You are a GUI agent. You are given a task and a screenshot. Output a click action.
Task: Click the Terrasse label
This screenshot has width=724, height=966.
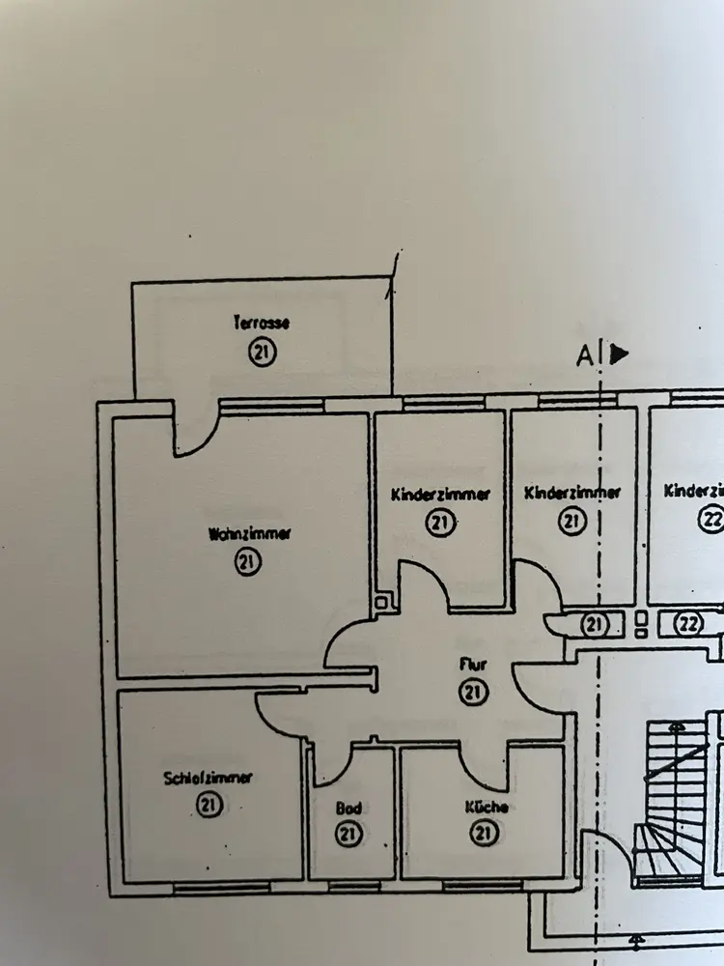tap(262, 324)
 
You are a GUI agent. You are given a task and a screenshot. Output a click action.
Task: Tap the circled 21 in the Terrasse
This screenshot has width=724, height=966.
tap(262, 354)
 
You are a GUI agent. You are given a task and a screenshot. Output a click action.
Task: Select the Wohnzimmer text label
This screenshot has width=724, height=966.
tap(249, 533)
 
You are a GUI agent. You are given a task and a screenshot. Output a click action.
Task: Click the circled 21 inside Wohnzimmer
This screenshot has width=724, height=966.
tap(248, 562)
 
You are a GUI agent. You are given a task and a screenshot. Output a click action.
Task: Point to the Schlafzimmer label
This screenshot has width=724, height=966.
tap(209, 778)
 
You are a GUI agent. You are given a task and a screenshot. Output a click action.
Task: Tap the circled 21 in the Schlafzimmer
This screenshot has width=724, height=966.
tap(208, 804)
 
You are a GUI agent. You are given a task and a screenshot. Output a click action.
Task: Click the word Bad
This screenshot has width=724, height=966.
tap(348, 808)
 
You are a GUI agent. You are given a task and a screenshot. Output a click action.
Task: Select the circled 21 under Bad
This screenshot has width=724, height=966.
tap(348, 833)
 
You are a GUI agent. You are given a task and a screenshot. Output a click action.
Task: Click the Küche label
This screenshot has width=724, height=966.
tap(486, 808)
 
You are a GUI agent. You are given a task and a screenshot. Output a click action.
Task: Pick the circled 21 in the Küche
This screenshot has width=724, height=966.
tap(486, 833)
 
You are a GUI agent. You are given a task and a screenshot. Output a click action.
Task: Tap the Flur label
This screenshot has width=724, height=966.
tap(472, 665)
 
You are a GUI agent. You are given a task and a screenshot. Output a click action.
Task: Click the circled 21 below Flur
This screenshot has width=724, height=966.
tap(473, 692)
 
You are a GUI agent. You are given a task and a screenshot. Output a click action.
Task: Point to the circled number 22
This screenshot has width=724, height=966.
tap(710, 520)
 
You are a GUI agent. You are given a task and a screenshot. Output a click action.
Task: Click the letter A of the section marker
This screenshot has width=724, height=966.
tap(584, 356)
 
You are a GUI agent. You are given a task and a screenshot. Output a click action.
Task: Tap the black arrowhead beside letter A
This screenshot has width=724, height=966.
tap(619, 354)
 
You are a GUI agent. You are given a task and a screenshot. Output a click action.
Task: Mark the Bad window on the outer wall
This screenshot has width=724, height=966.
tap(349, 883)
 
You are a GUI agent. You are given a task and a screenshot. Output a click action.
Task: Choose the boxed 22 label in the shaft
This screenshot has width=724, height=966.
tap(689, 624)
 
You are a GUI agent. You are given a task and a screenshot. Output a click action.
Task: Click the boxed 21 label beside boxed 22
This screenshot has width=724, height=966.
tap(593, 625)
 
